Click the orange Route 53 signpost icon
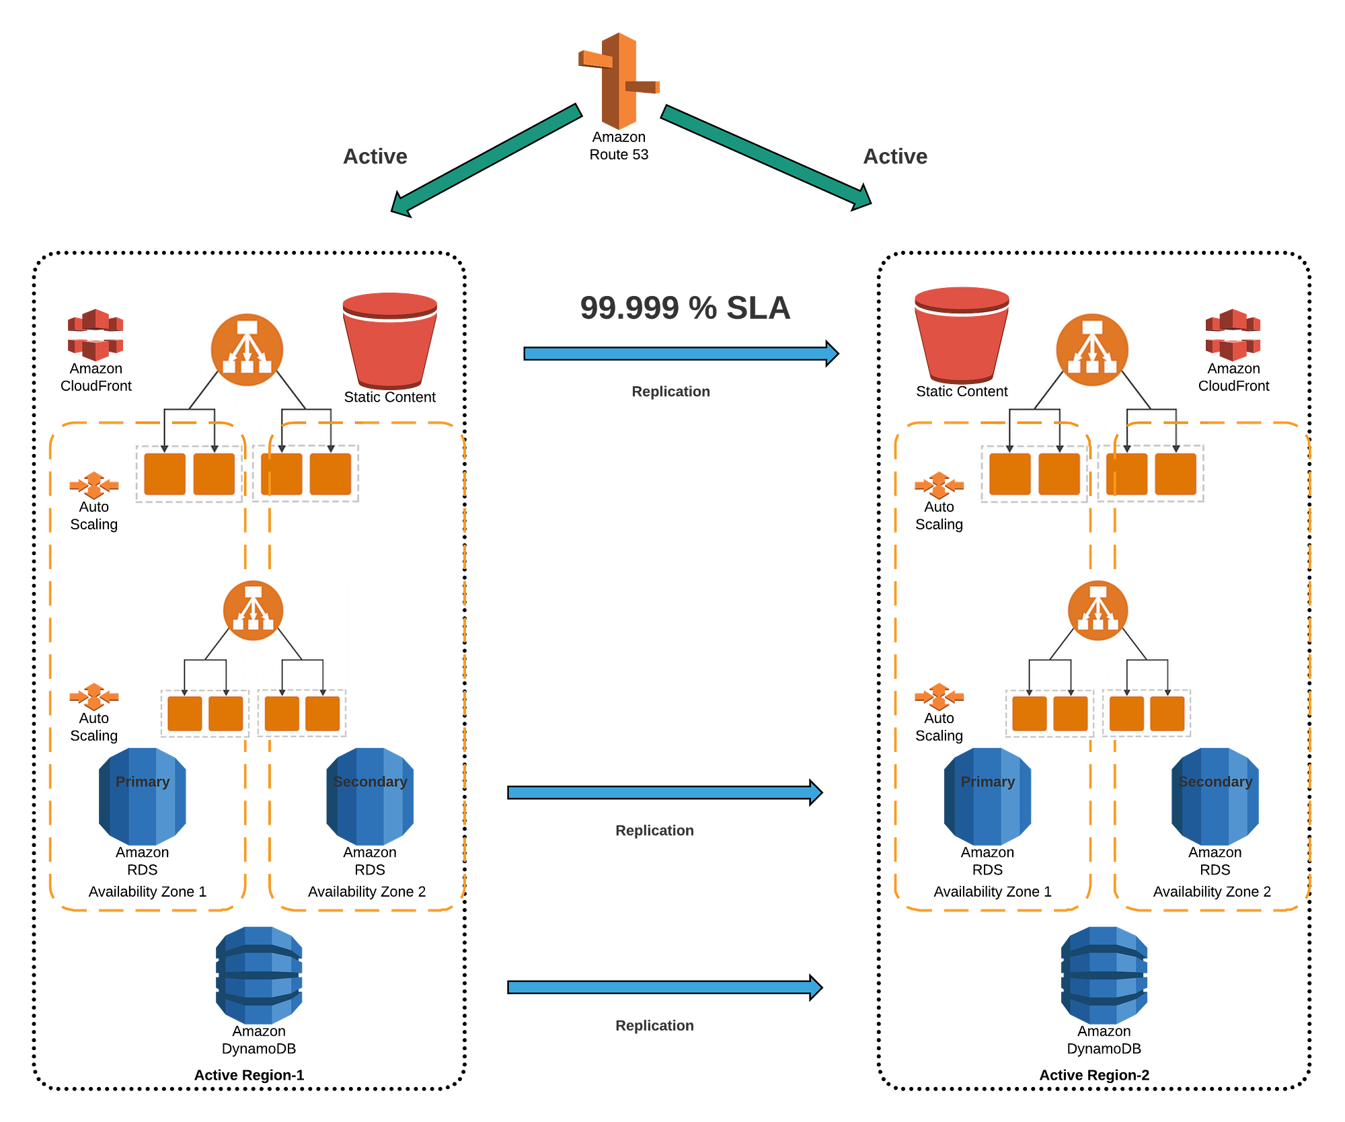[x=619, y=81]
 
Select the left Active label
[x=375, y=157]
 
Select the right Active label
[x=895, y=157]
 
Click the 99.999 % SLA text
[x=685, y=308]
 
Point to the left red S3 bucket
[x=390, y=340]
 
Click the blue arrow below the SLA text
[x=680, y=354]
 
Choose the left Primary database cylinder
[x=143, y=796]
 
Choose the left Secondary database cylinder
[x=369, y=796]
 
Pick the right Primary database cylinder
[x=987, y=796]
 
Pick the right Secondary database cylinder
[x=1215, y=796]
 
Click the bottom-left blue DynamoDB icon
[x=260, y=975]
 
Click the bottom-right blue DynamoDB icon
[x=1104, y=975]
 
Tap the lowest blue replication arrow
[x=664, y=987]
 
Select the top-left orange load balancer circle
[x=247, y=350]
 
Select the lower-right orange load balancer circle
[x=1098, y=610]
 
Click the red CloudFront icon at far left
[x=95, y=334]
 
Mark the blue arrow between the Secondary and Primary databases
[x=664, y=792]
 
